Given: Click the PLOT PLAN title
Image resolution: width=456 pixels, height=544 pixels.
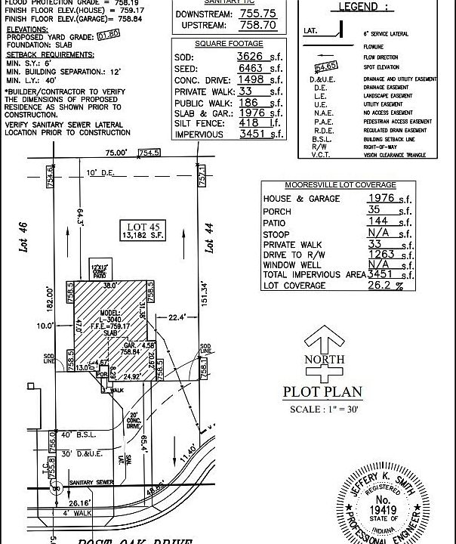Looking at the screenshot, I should pos(322,392).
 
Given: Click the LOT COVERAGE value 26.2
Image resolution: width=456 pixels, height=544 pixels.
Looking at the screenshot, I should pos(381,286).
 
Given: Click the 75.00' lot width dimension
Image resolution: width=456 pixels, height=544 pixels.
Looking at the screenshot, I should pos(117,153).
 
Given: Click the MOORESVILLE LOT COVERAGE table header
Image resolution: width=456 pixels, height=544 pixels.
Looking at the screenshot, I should pos(340,185).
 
